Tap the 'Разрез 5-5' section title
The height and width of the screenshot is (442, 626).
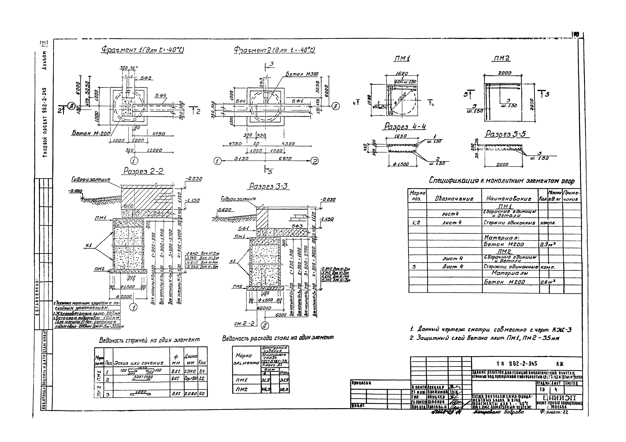click(x=505, y=134)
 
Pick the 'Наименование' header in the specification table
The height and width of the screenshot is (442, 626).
click(x=509, y=199)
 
